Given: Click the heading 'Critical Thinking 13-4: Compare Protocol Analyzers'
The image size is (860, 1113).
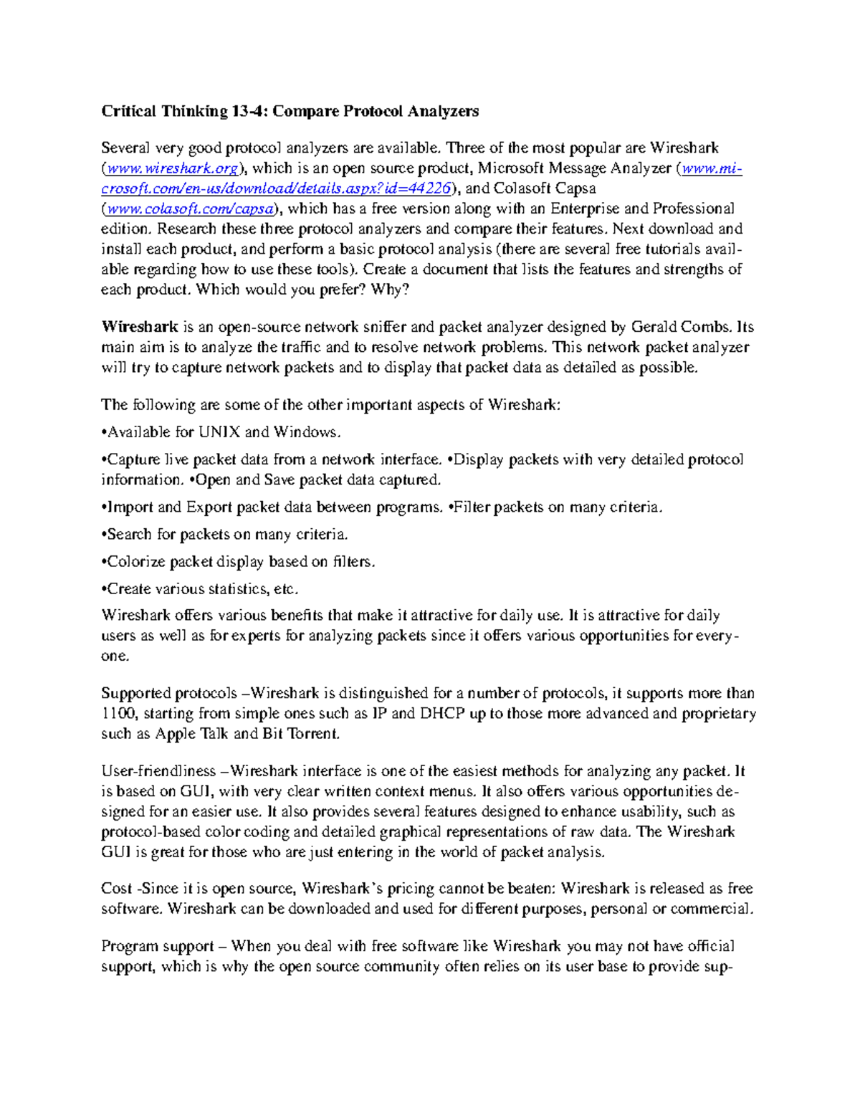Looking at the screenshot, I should (290, 111).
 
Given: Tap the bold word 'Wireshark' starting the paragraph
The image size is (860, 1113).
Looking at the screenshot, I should (139, 328).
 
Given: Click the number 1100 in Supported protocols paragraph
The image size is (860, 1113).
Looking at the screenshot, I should (117, 714).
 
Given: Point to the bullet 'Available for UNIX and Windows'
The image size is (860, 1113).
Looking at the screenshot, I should (221, 432).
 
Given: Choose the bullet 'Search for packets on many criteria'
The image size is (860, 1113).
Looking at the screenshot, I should (225, 535).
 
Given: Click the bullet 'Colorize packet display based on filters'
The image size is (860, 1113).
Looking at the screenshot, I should (238, 562).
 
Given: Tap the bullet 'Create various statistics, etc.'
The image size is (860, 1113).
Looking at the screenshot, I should (200, 589).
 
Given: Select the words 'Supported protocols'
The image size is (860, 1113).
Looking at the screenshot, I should (168, 694).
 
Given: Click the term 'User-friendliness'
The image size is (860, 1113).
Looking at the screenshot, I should (158, 772).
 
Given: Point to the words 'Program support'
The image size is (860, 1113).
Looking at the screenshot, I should (158, 947).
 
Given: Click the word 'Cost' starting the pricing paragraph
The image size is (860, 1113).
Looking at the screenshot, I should (116, 889).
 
